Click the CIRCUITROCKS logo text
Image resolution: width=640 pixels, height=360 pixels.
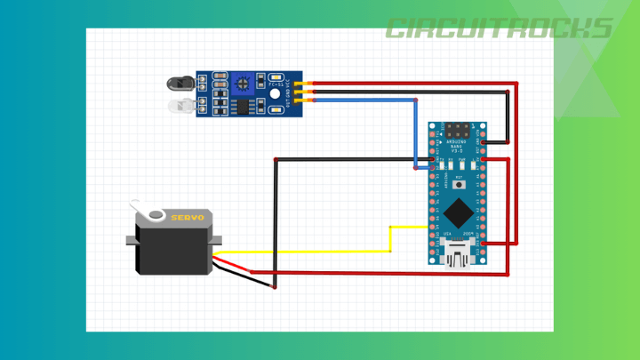(499, 28)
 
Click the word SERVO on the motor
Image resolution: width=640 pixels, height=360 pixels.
(187, 218)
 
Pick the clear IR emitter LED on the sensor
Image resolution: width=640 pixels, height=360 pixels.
(180, 106)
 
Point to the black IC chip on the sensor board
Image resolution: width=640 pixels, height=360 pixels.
(240, 106)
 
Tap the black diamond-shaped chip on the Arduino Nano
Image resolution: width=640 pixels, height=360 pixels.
(458, 212)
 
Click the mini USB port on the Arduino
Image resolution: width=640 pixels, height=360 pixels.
(458, 258)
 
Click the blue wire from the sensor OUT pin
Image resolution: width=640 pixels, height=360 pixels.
(364, 100)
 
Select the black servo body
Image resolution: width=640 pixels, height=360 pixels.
(173, 249)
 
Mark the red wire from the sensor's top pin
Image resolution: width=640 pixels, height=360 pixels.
(409, 84)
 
